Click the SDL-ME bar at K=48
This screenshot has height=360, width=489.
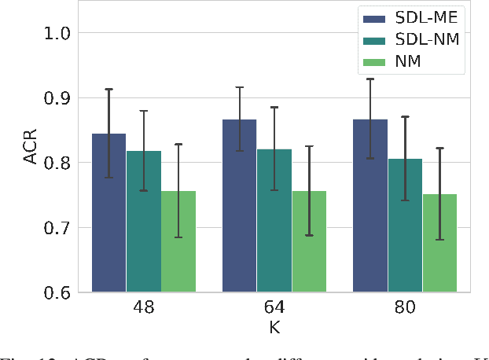[109, 213]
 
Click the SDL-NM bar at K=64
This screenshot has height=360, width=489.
[274, 221]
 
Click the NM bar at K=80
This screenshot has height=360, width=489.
[439, 244]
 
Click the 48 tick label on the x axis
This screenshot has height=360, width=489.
[143, 307]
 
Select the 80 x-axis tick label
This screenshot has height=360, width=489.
[404, 307]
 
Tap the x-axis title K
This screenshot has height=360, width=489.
[274, 325]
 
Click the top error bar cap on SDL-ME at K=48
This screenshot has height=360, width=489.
[109, 90]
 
